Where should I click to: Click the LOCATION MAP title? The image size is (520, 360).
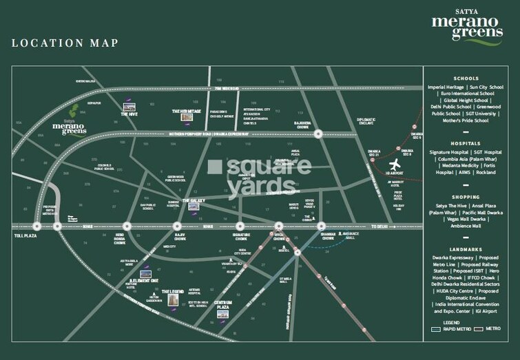[x=65, y=43]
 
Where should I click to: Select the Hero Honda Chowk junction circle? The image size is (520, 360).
[x=126, y=225]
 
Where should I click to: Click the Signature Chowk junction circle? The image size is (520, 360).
[x=239, y=225]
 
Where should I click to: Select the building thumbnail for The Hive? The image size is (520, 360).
[x=127, y=107]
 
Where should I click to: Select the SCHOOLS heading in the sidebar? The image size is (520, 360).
[x=467, y=78]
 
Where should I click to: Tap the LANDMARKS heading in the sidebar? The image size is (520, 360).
[x=467, y=249]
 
